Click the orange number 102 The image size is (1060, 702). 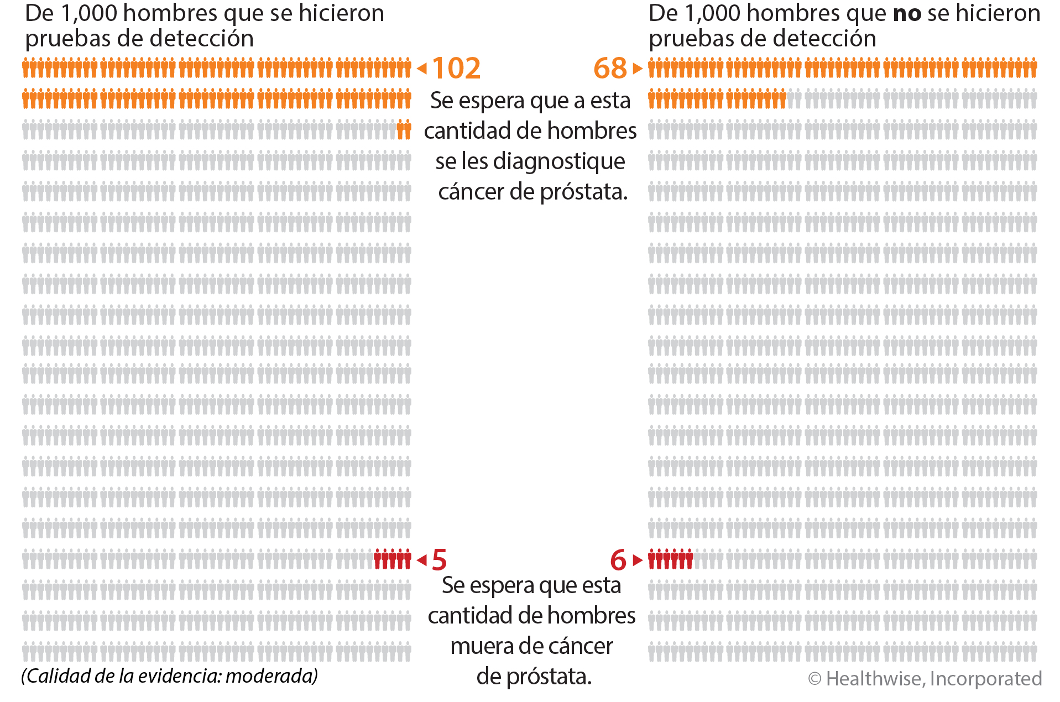pyautogui.click(x=456, y=69)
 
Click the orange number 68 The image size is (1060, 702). pyautogui.click(x=610, y=69)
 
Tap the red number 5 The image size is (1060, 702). pyautogui.click(x=439, y=560)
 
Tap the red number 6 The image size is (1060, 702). pyautogui.click(x=618, y=560)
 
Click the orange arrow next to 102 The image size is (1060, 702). pyautogui.click(x=422, y=69)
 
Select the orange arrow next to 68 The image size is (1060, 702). pyautogui.click(x=638, y=69)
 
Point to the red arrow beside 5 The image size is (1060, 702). pyautogui.click(x=422, y=560)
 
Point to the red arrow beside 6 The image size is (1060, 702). pyautogui.click(x=638, y=560)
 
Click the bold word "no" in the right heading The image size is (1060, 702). pyautogui.click(x=907, y=14)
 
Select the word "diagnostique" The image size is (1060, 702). pyautogui.click(x=559, y=161)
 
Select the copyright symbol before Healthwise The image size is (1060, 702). pyautogui.click(x=814, y=679)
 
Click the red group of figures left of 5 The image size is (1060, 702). pyautogui.click(x=393, y=559)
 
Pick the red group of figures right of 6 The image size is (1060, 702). pyautogui.click(x=670, y=559)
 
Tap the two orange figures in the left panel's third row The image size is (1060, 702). pyautogui.click(x=404, y=130)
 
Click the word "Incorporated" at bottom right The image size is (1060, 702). pyautogui.click(x=986, y=679)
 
